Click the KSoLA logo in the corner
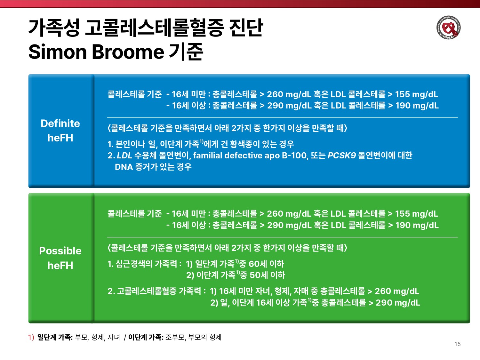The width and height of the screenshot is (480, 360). tap(449, 28)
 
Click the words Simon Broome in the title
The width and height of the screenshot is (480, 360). tap(96, 52)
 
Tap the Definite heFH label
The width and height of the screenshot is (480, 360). tap(60, 131)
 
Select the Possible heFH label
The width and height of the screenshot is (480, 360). tap(60, 258)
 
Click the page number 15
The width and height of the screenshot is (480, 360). tap(458, 344)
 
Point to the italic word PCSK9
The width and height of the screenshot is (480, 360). tap(342, 156)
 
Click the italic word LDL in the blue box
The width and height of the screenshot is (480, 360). tap(124, 156)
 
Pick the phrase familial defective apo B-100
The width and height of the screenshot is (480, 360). tap(251, 156)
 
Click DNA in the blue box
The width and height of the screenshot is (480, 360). tap(124, 167)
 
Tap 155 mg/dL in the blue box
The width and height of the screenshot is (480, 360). tap(417, 94)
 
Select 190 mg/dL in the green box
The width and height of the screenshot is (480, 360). tap(417, 225)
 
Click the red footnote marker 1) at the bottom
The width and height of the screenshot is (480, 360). tap(31, 337)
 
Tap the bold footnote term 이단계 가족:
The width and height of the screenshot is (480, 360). tap(146, 337)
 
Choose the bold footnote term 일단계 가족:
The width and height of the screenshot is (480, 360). tap(55, 337)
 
